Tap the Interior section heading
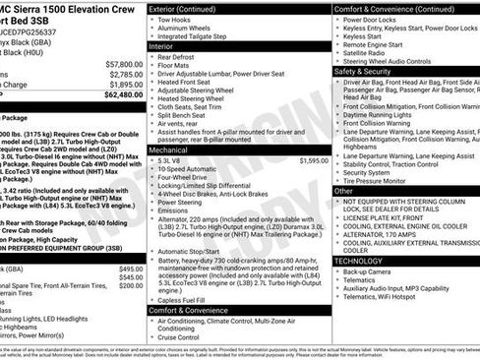coord(161,46)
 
